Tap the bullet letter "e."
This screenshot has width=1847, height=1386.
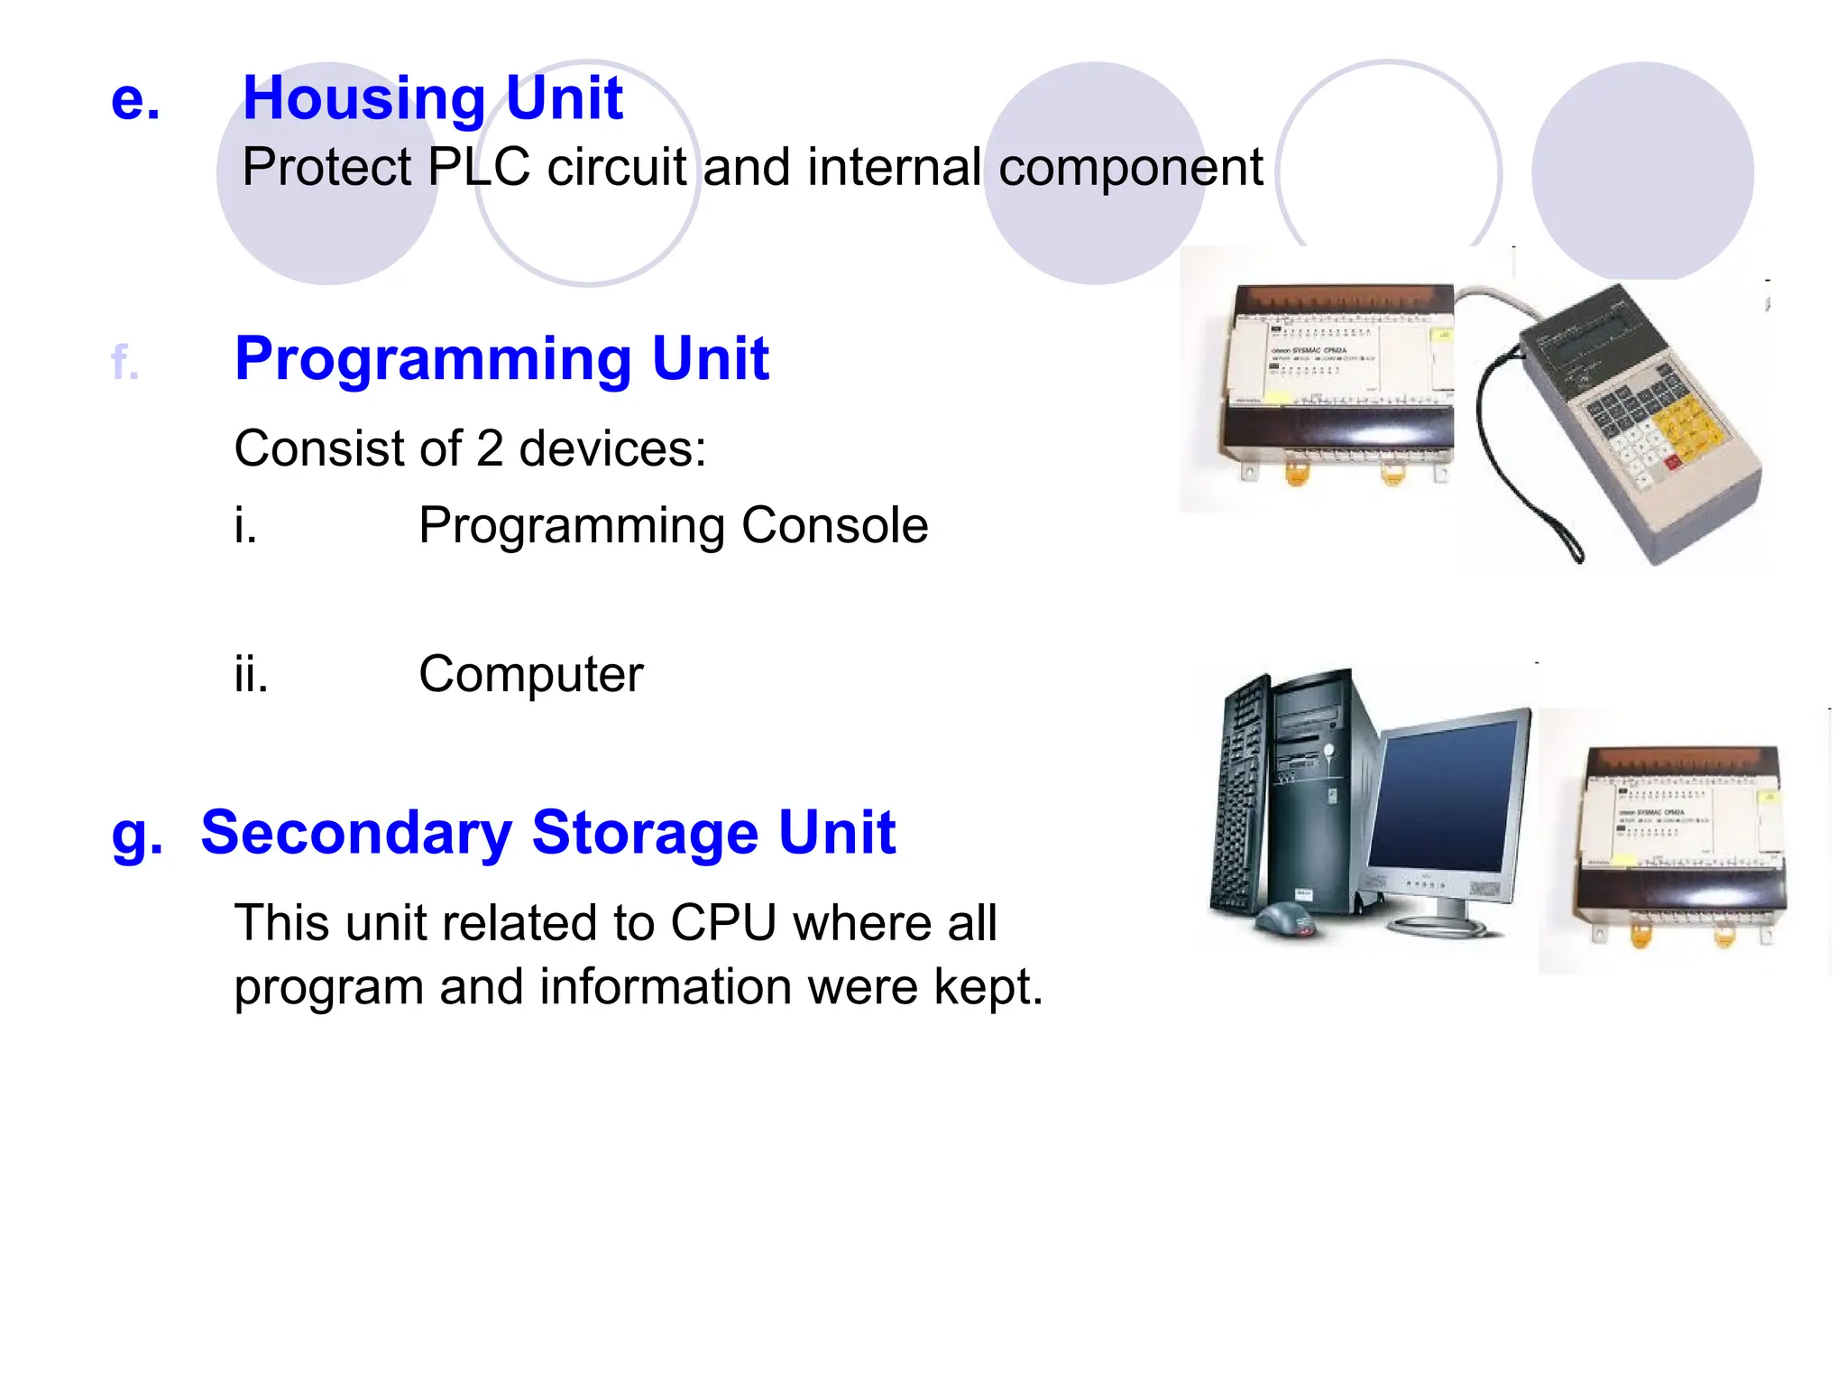135,99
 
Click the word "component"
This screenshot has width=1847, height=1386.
1131,169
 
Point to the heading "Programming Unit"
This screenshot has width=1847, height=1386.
501,359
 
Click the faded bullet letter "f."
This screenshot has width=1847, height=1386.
124,364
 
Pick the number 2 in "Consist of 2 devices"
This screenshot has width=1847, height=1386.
489,448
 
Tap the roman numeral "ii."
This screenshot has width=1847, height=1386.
251,674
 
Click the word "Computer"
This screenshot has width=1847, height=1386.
531,674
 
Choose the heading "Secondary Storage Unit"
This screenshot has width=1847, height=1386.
547,832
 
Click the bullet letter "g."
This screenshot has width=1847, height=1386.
137,834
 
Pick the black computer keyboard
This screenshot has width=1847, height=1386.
1240,794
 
